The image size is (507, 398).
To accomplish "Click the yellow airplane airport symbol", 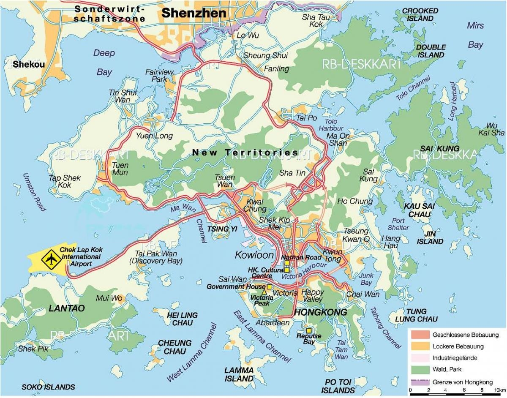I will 51,258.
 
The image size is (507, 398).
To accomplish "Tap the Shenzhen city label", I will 194,13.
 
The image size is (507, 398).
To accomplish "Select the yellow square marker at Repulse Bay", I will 309,330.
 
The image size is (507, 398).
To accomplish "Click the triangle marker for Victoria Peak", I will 264,292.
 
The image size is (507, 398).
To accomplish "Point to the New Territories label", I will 245,152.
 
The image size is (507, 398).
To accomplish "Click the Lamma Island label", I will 239,374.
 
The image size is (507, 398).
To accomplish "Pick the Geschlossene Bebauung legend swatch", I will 420,335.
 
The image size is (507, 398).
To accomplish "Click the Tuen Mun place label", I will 120,169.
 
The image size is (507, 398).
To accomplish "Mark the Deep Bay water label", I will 104,62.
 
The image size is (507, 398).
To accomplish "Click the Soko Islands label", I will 48,387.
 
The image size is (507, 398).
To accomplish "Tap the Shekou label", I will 28,65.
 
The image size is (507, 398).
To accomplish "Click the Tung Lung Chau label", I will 416,315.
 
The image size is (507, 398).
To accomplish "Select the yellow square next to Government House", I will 269,287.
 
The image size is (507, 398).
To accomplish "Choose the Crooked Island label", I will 420,15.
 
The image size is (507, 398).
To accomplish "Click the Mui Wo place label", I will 109,298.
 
